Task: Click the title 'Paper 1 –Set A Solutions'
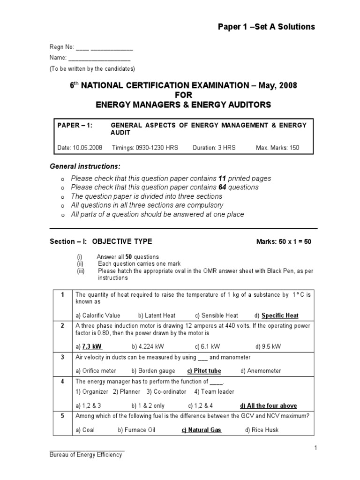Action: (x=266, y=27)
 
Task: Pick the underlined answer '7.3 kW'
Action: (x=92, y=347)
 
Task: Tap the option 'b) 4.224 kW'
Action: (x=148, y=347)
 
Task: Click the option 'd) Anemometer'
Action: (x=261, y=371)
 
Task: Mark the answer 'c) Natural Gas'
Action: (x=201, y=430)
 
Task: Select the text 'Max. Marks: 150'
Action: (x=277, y=148)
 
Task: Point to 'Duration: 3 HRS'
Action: (x=214, y=148)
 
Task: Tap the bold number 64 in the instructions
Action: (x=223, y=187)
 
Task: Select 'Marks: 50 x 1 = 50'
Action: (x=283, y=242)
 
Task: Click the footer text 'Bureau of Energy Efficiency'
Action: (x=86, y=455)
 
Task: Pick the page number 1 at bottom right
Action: (x=316, y=448)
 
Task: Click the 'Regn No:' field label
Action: (x=61, y=47)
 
